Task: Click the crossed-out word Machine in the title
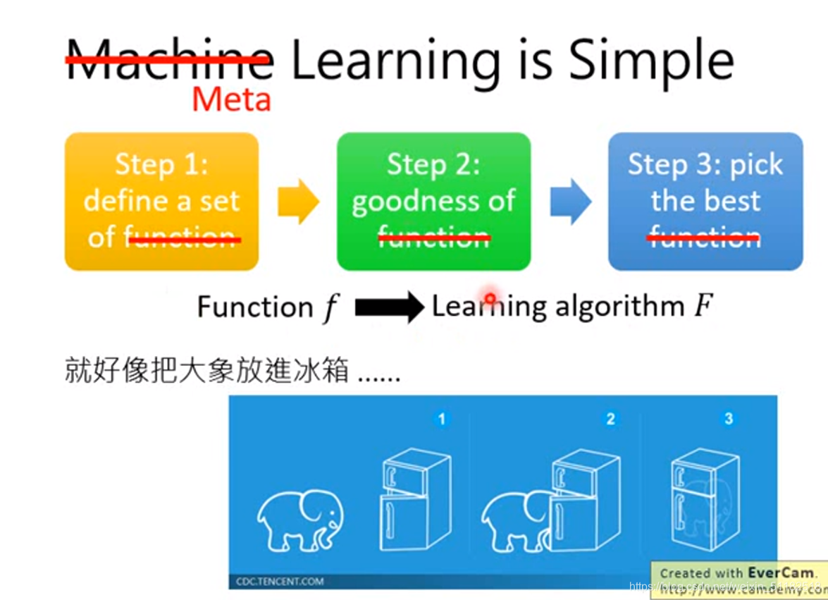click(169, 61)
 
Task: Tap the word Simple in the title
click(650, 61)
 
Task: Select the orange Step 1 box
click(161, 201)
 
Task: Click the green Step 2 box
click(433, 201)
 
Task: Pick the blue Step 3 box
click(705, 201)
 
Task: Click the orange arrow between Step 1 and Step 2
click(297, 202)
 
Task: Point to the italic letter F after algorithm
click(703, 307)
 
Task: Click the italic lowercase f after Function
click(330, 309)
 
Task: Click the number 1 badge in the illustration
click(441, 420)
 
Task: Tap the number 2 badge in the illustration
click(610, 420)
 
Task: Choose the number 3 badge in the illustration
click(729, 420)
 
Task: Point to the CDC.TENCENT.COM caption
click(280, 582)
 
